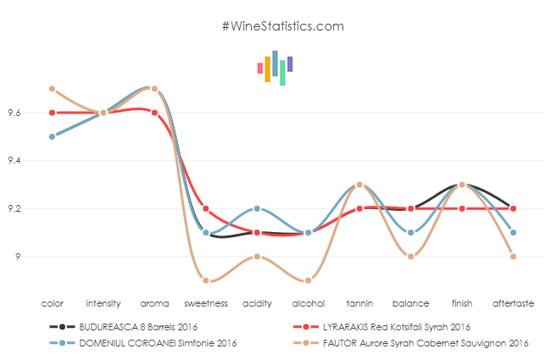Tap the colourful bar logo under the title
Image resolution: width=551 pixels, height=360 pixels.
click(275, 68)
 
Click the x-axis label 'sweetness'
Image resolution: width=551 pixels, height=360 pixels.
click(206, 302)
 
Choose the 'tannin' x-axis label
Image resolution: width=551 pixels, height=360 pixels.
click(359, 302)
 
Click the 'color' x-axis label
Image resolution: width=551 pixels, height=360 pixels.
click(53, 302)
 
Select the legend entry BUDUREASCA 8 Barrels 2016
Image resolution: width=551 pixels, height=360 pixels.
click(128, 326)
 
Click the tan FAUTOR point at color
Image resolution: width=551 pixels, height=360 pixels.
click(53, 89)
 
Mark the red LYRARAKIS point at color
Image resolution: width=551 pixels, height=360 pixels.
click(53, 113)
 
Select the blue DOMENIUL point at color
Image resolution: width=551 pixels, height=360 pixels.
click(53, 136)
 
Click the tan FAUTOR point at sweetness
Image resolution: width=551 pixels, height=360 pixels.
click(206, 280)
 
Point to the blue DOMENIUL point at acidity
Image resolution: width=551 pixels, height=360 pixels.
click(257, 208)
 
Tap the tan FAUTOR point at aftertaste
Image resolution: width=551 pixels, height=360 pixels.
click(514, 257)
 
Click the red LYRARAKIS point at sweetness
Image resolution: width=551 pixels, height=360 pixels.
click(206, 208)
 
